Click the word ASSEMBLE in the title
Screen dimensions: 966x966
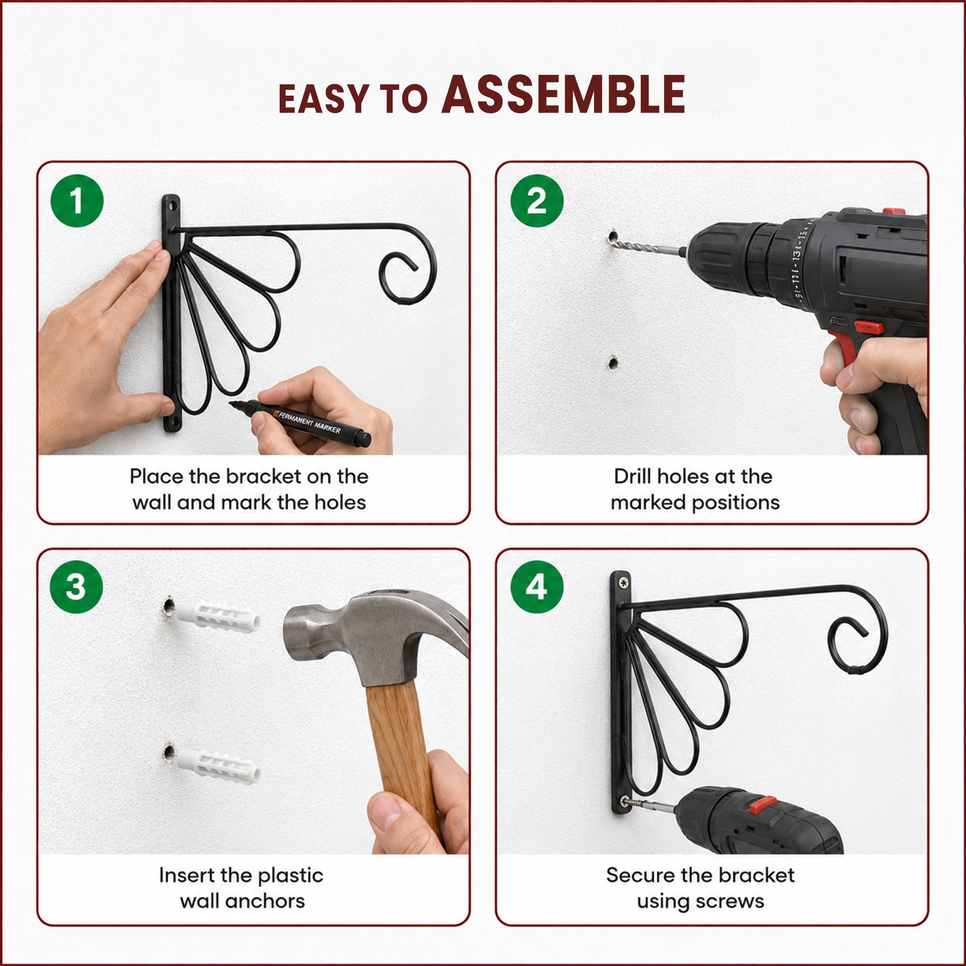(x=564, y=95)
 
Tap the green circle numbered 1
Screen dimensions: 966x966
(x=77, y=201)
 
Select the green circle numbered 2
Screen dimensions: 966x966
(x=537, y=201)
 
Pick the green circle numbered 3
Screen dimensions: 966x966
(x=77, y=587)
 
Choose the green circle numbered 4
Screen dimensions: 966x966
(x=537, y=587)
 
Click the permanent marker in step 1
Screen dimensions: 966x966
(x=300, y=423)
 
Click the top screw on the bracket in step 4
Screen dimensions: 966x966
(x=624, y=582)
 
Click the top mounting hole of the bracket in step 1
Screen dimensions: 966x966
(x=171, y=205)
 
